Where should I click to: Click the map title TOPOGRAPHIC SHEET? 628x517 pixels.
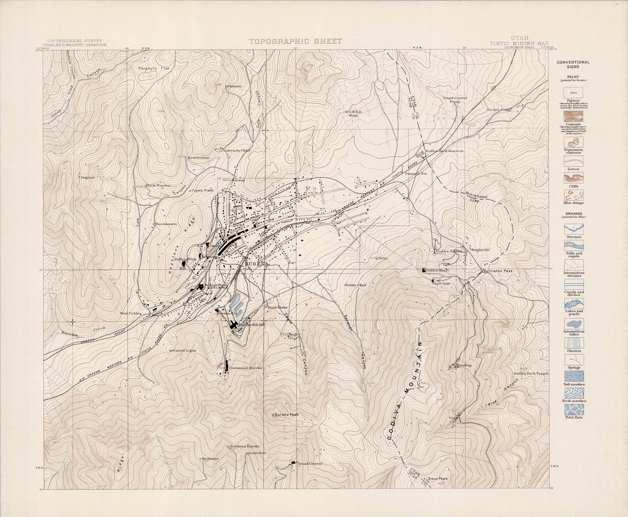(295, 41)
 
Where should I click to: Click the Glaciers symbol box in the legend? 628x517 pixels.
(574, 343)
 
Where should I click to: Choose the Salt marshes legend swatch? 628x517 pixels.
(574, 376)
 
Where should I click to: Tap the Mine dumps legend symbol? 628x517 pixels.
(574, 195)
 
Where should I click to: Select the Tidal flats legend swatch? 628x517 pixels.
(574, 409)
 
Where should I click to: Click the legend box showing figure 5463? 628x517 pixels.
(574, 93)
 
